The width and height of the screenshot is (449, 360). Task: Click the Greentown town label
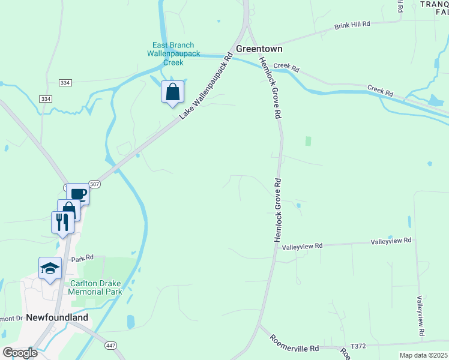point(259,49)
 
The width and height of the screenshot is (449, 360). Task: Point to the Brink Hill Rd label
point(353,25)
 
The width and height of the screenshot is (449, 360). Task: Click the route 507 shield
point(95,184)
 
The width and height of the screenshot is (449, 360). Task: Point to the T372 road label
point(358,346)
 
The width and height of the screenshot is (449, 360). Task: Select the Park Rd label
point(83,259)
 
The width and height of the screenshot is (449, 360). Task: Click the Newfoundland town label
point(56,317)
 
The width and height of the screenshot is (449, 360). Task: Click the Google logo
point(20,353)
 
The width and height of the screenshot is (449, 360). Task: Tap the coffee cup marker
point(78,194)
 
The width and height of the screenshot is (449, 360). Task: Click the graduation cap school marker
point(50,268)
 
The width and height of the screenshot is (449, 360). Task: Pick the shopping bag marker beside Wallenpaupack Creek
point(172,92)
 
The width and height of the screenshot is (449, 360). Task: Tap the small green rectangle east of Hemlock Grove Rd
point(309,141)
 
